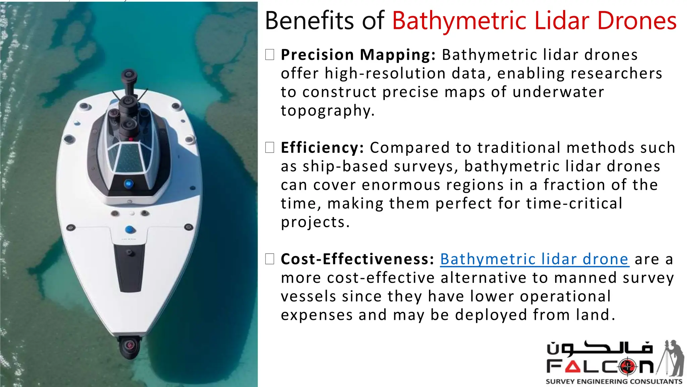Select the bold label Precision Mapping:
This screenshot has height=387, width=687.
pos(358,55)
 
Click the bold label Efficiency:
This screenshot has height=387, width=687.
pos(322,148)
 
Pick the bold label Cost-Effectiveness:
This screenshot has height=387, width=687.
pos(358,259)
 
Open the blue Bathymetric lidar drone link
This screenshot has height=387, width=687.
pos(534,259)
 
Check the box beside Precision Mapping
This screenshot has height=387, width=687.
pos(270,55)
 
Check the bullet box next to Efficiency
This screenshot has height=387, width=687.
pos(270,147)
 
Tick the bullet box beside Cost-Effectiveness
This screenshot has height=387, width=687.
pos(270,259)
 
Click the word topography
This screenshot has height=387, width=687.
pos(327,111)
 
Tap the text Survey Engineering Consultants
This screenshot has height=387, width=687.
pos(614,382)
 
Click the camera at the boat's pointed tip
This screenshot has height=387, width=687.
pos(129,346)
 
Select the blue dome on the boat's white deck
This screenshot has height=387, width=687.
pos(130,230)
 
